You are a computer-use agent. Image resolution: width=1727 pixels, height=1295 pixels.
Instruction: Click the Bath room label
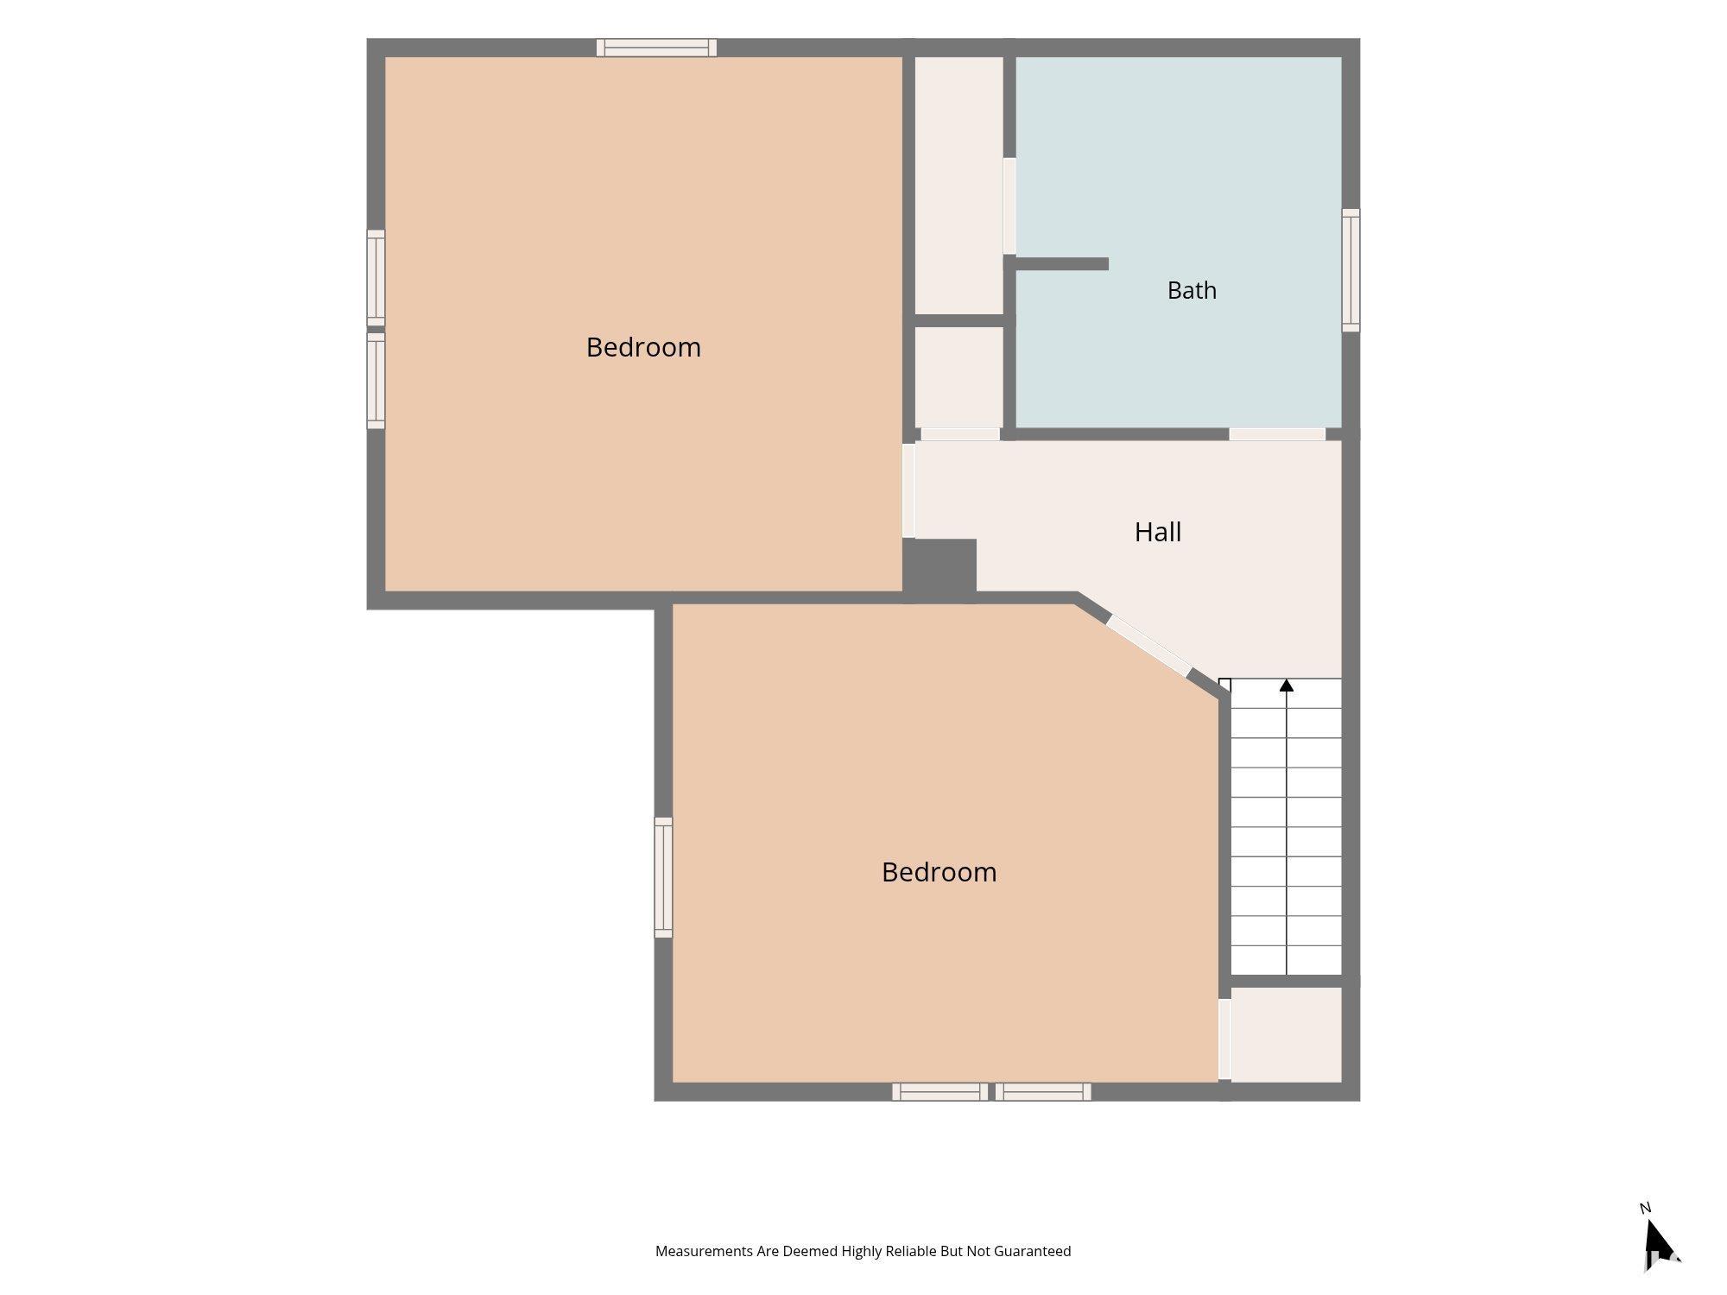click(1192, 290)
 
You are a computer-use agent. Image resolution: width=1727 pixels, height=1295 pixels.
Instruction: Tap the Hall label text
click(1157, 532)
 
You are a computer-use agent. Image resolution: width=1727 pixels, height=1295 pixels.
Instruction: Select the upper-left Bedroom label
click(643, 347)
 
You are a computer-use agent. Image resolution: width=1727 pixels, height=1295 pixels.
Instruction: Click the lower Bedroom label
click(939, 872)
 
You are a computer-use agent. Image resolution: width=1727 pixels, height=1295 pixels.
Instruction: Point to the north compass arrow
click(1659, 1242)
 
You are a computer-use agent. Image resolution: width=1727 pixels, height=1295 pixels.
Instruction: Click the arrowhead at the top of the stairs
click(1287, 685)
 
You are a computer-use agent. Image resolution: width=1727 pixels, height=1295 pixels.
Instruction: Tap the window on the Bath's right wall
click(1351, 270)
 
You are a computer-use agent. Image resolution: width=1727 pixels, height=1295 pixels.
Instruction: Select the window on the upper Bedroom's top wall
click(656, 47)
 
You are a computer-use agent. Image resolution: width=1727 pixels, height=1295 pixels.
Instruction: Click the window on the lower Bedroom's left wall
click(663, 877)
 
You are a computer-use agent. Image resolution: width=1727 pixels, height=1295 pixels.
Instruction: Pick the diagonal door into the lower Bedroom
click(1148, 646)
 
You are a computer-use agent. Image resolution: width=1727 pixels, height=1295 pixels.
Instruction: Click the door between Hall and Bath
click(1277, 434)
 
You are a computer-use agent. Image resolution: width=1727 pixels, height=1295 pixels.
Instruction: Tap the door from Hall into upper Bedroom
click(908, 490)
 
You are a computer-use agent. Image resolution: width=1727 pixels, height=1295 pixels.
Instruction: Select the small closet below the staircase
click(1286, 1034)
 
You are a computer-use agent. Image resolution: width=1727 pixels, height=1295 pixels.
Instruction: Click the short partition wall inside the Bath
click(1061, 263)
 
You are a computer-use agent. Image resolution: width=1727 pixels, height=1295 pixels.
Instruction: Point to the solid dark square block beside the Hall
click(939, 566)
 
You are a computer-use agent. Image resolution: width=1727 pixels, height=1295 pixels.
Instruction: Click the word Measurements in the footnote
click(704, 1251)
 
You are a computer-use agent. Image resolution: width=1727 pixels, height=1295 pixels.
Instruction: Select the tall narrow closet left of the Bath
click(958, 186)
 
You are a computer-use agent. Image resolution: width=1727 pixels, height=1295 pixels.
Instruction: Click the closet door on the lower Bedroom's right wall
click(1224, 1039)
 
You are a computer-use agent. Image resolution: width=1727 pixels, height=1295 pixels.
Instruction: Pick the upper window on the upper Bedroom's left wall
click(376, 278)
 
